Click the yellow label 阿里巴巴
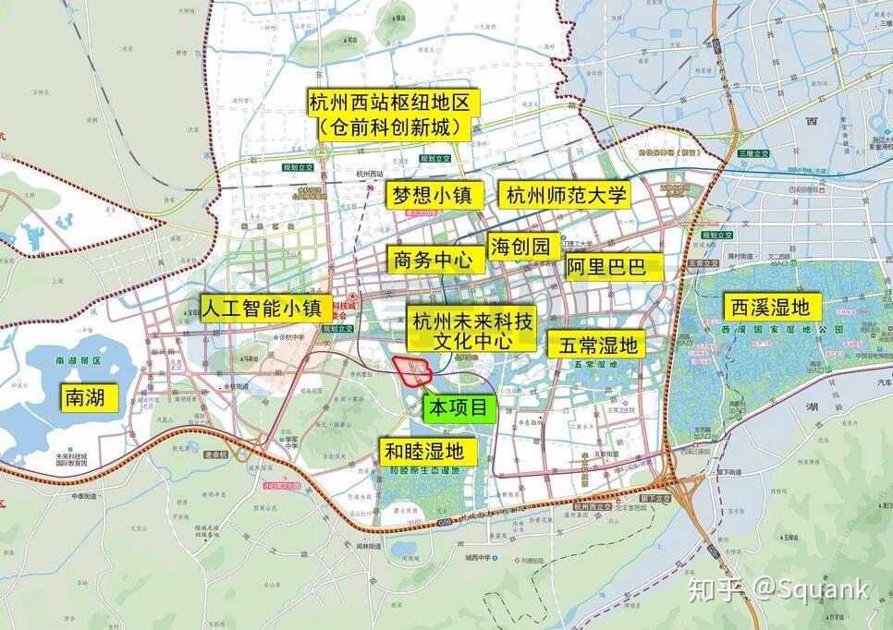pyautogui.click(x=615, y=268)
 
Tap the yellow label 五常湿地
pyautogui.click(x=597, y=345)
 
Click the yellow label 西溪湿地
pyautogui.click(x=771, y=306)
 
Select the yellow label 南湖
pyautogui.click(x=91, y=398)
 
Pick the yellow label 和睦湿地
pyautogui.click(x=430, y=451)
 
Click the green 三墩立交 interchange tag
pyautogui.click(x=754, y=152)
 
